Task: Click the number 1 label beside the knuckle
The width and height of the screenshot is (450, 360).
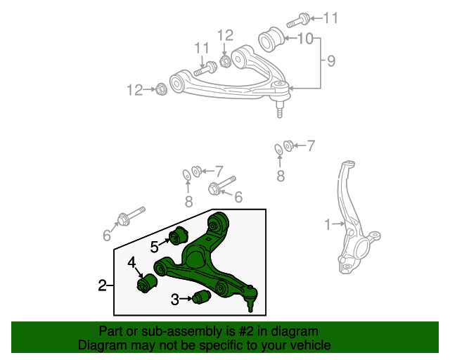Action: (x=326, y=225)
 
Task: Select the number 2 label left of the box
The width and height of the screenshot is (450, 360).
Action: (x=102, y=285)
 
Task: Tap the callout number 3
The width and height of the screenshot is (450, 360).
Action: (x=174, y=300)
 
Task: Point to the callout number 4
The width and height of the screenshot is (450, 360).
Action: (x=131, y=263)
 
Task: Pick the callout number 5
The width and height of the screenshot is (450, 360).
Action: (x=154, y=246)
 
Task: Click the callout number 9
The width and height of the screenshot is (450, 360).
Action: (x=331, y=62)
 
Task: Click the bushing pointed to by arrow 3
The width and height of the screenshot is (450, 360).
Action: (x=202, y=298)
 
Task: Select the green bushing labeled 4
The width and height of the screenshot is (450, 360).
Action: (x=146, y=283)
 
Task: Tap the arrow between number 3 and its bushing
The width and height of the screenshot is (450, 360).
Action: (x=187, y=300)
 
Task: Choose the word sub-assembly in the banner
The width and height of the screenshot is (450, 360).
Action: (x=177, y=331)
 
